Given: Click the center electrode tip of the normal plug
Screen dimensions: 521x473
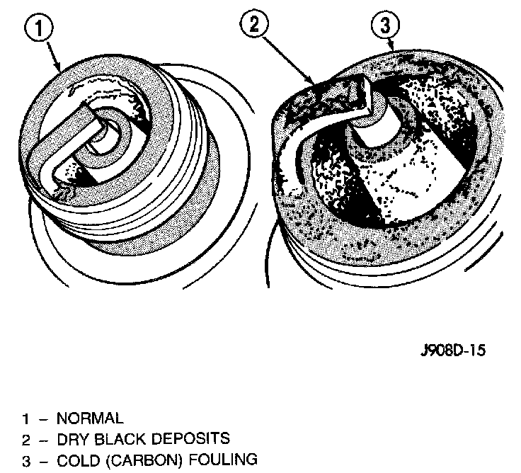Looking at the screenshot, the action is tap(108, 128).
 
